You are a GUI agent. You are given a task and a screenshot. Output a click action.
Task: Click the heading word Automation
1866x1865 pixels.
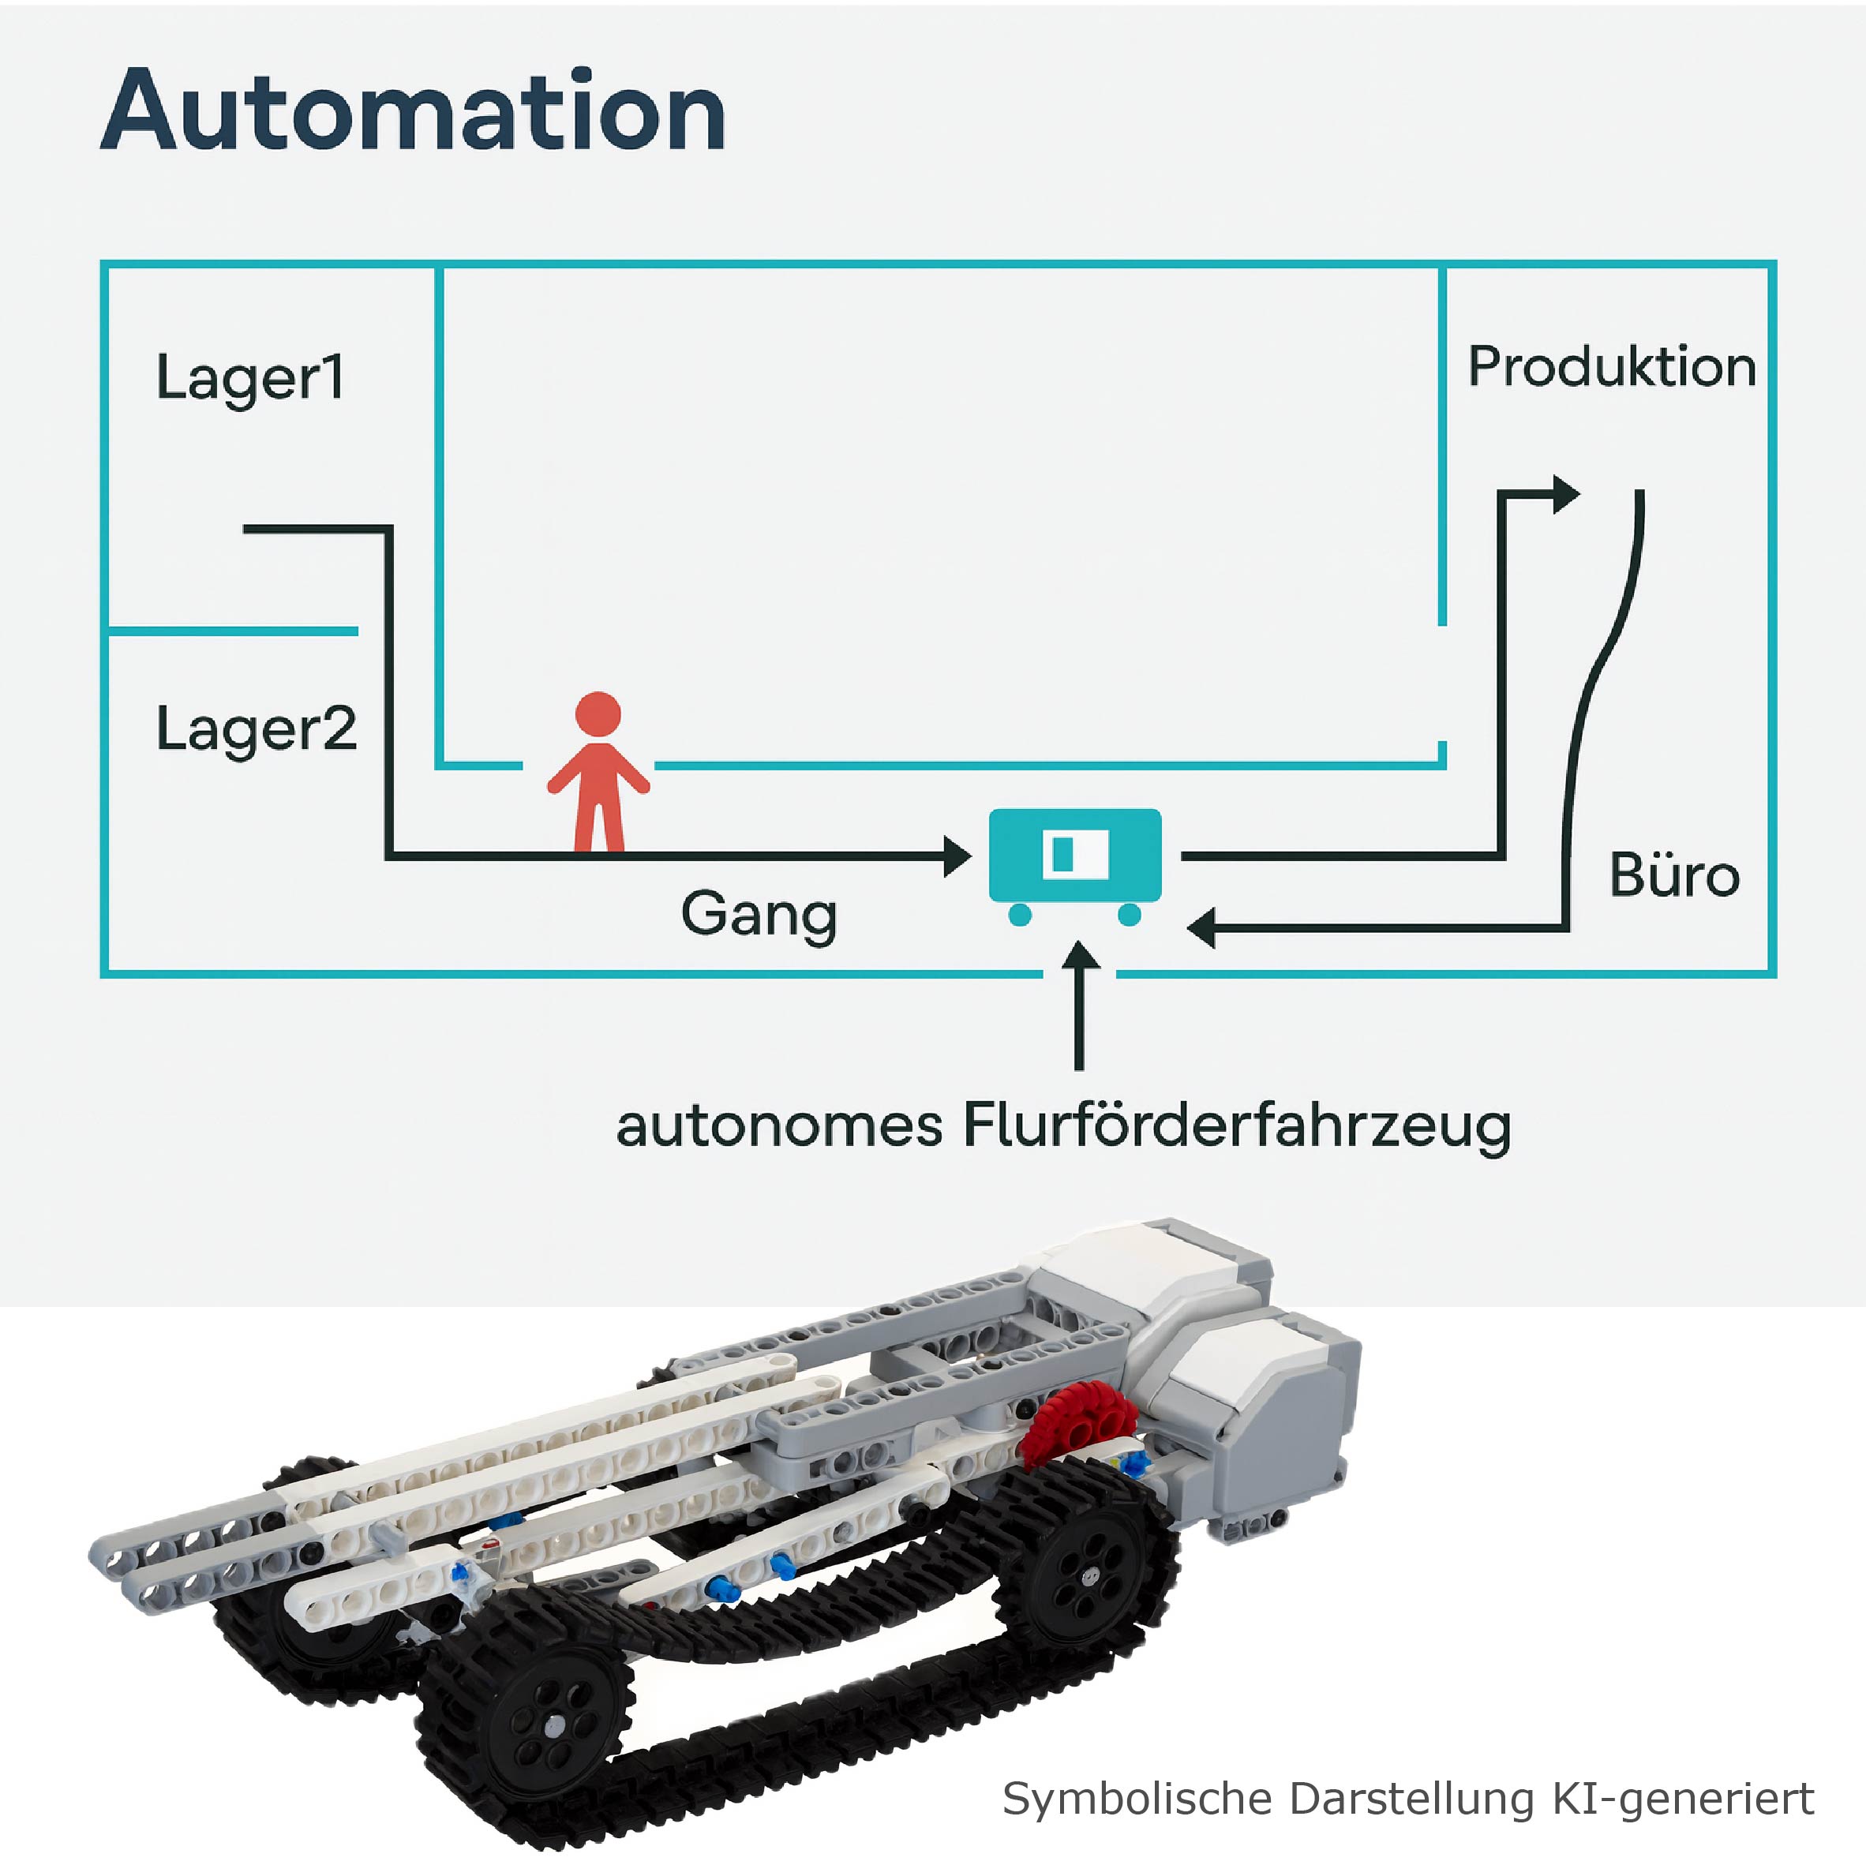(x=414, y=111)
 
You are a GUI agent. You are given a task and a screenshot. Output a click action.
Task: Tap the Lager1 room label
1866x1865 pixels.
(x=249, y=376)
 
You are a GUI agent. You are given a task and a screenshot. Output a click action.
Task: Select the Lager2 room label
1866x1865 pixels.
(x=256, y=728)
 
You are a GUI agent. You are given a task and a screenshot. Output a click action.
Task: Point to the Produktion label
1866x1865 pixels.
(x=1611, y=367)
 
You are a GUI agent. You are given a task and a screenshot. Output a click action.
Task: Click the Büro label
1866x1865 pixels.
(x=1674, y=875)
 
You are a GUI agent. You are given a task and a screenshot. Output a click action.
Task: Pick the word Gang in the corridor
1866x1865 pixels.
(x=759, y=914)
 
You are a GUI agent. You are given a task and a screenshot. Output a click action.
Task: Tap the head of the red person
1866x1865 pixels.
(x=598, y=716)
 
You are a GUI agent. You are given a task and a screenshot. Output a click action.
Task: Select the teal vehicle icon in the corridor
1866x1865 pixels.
(x=1074, y=856)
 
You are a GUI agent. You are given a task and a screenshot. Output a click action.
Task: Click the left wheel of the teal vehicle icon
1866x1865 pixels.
(x=1020, y=914)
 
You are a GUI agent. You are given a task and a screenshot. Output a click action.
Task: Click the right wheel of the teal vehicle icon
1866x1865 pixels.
(x=1129, y=914)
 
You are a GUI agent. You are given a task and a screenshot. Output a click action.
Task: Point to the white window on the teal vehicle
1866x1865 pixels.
(x=1075, y=854)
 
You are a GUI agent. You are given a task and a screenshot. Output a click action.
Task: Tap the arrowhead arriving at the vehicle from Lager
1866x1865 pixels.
(x=957, y=856)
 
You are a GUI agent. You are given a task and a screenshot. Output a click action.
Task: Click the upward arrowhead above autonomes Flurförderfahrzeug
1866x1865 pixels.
(x=1080, y=955)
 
